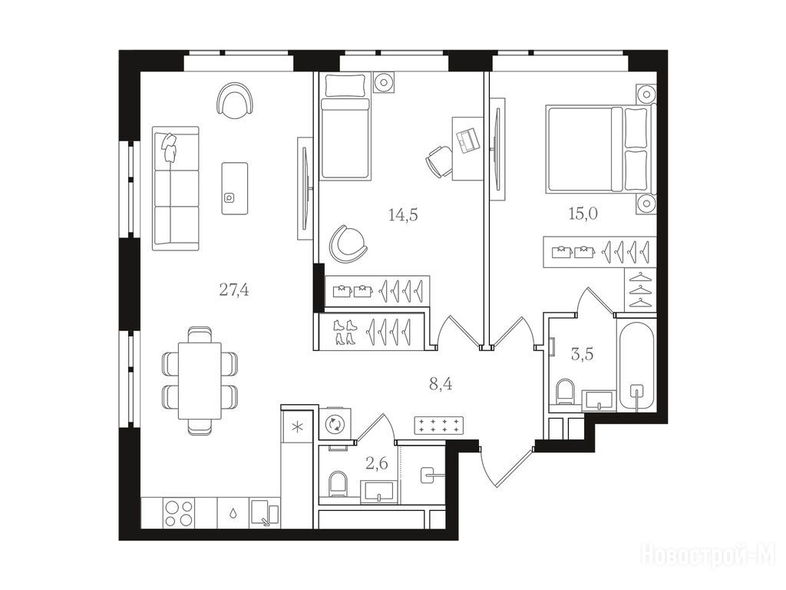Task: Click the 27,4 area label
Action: coord(234,290)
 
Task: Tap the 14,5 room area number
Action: coord(403,215)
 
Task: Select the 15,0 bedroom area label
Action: coord(583,214)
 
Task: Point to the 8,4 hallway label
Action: coord(441,385)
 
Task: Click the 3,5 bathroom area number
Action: coord(583,354)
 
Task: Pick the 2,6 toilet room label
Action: coord(377,464)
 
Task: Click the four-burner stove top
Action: coord(178,512)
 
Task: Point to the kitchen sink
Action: coord(265,513)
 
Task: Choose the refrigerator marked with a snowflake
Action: coord(297,427)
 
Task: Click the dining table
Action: coord(200,380)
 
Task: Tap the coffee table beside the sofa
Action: coord(235,188)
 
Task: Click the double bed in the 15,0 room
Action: coord(600,148)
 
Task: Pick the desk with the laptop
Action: coord(467,148)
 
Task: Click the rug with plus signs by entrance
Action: coord(438,426)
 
